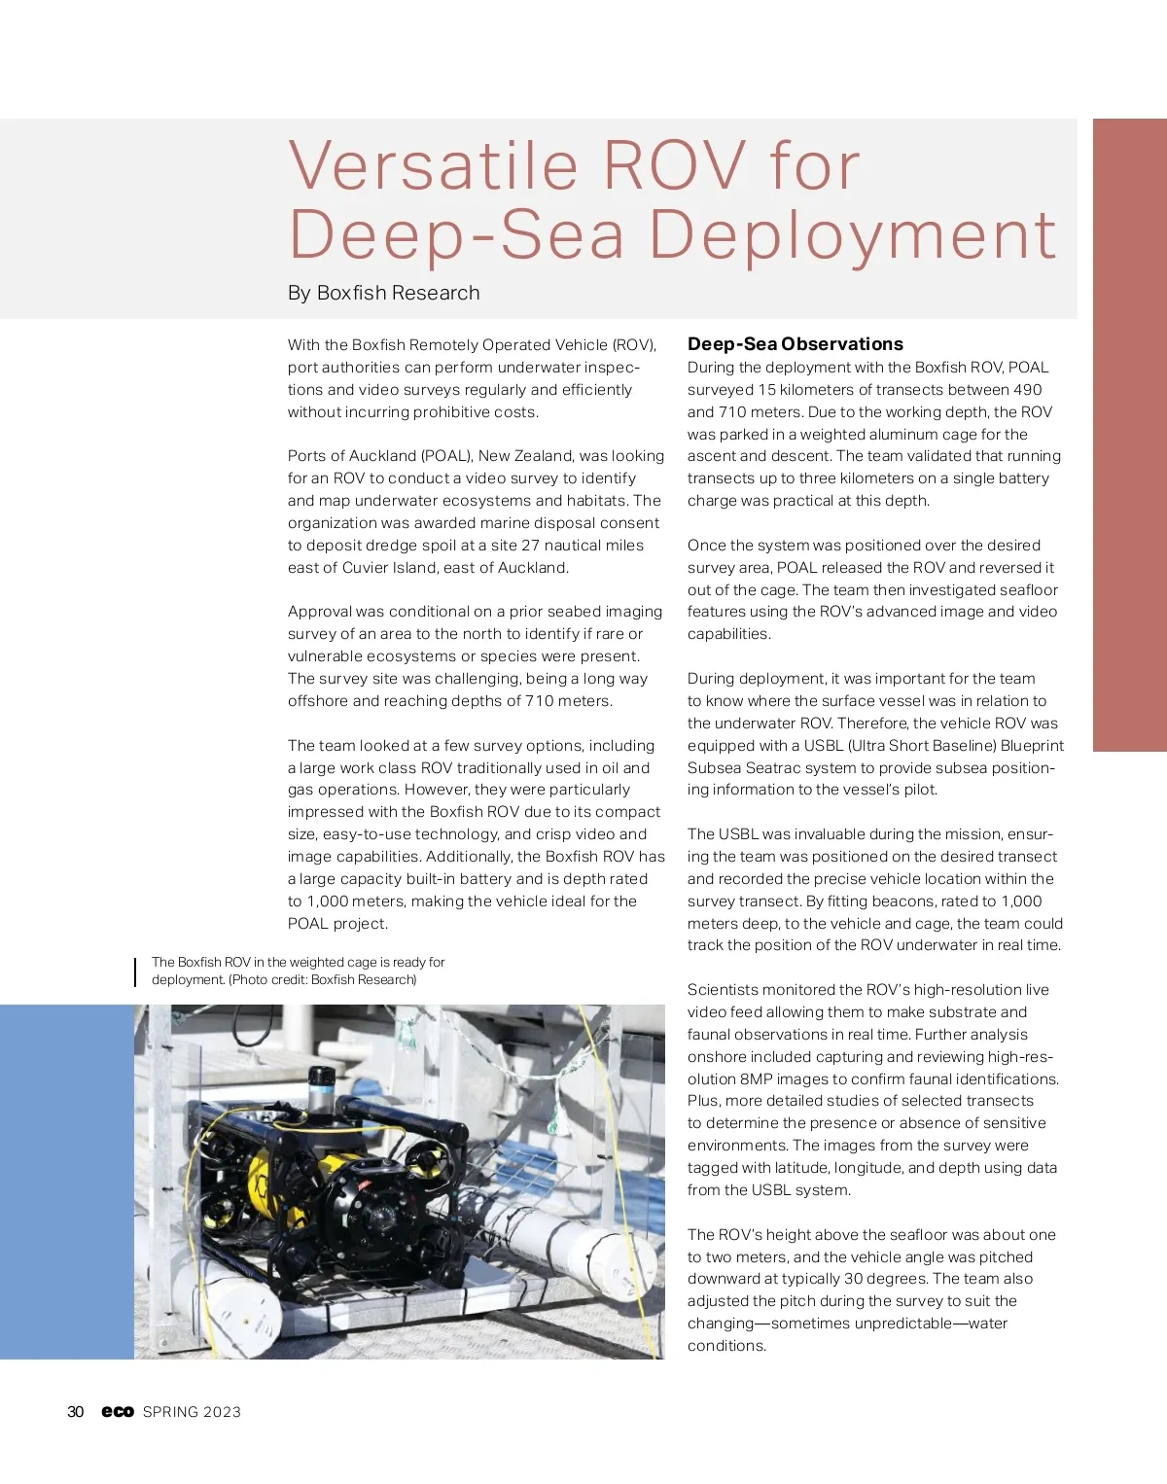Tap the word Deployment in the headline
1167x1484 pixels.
(x=852, y=235)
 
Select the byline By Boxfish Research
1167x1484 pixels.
(x=383, y=293)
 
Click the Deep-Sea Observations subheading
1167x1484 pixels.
(x=795, y=343)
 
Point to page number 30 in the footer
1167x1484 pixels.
(x=76, y=1412)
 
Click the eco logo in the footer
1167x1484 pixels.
(x=118, y=1412)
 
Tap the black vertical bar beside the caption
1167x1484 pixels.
(x=135, y=972)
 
